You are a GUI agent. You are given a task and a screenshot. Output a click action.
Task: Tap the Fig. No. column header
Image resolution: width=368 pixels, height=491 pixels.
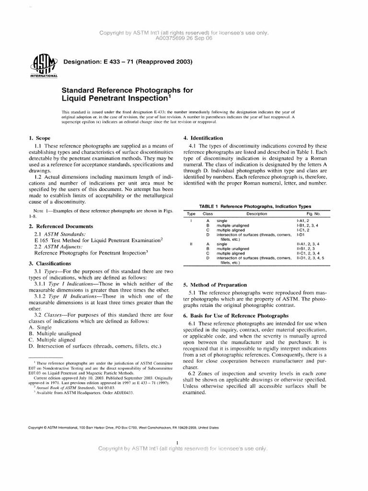pyautogui.click(x=314, y=213)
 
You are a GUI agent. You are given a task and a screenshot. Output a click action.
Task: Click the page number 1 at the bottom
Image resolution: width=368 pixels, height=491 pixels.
pyautogui.click(x=178, y=442)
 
